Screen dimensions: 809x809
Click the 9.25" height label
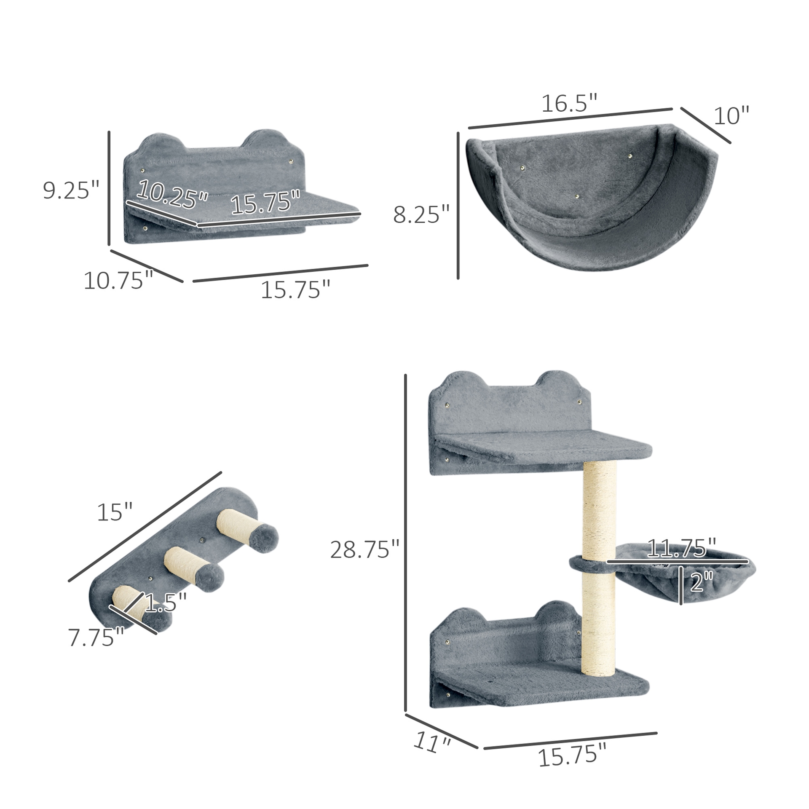click(x=71, y=190)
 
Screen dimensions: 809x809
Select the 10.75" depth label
click(x=118, y=281)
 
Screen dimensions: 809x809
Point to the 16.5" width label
click(x=569, y=104)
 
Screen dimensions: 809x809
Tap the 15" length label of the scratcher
click(x=115, y=512)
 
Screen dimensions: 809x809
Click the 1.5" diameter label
click(x=166, y=603)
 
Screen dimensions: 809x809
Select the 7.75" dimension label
click(x=96, y=638)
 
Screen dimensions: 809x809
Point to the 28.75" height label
click(x=364, y=550)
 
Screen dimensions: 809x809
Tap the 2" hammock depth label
click(x=702, y=582)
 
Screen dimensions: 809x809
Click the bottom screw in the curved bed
click(x=577, y=196)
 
